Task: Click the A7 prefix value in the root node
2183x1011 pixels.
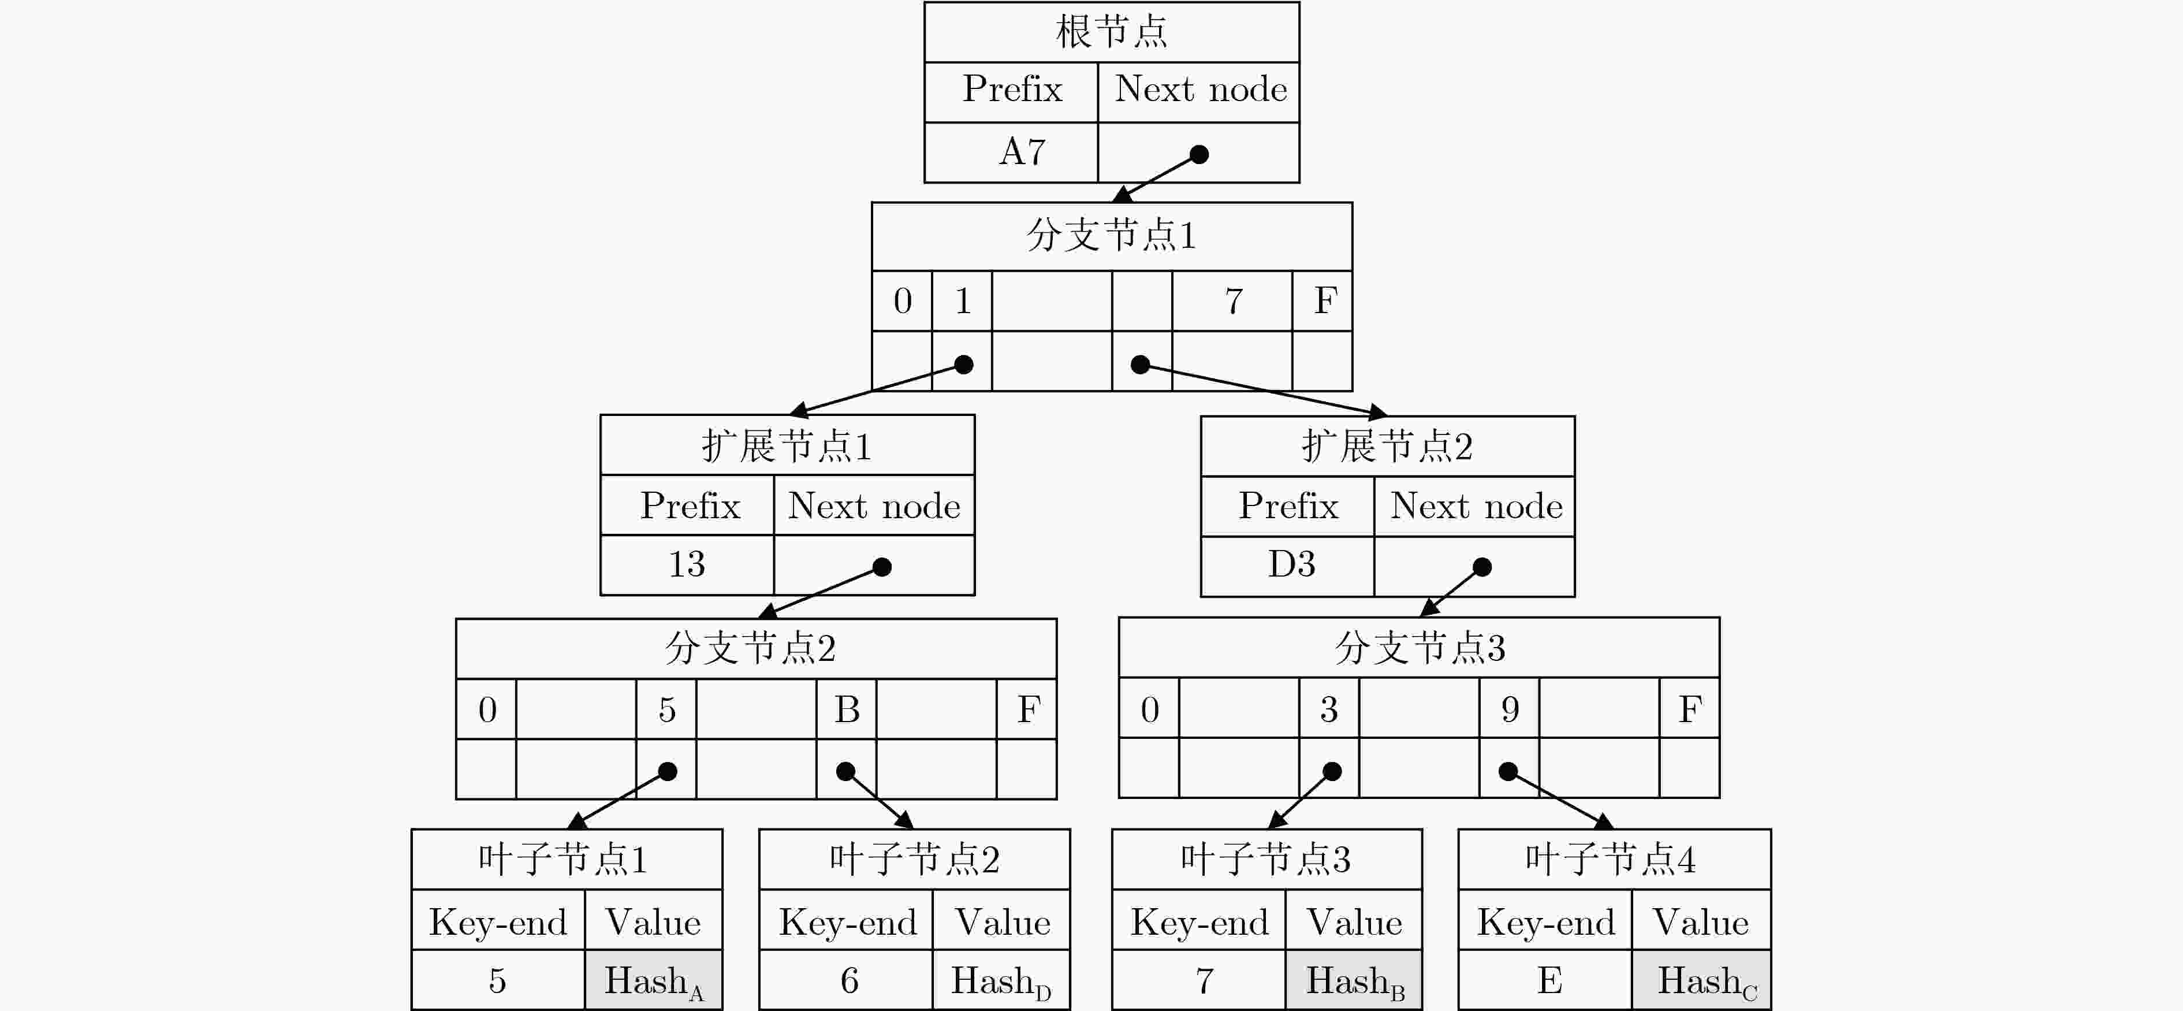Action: point(1022,152)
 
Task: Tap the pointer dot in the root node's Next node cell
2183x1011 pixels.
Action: point(1199,154)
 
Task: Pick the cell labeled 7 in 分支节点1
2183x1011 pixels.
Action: point(1232,301)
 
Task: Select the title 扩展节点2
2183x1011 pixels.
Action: point(1387,446)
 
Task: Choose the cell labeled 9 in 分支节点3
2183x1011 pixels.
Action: point(1509,708)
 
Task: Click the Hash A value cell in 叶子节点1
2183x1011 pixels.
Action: point(653,980)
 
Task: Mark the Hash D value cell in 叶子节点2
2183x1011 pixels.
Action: point(1001,980)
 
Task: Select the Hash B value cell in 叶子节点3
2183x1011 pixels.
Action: point(1353,980)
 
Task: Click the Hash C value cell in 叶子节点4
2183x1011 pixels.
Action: point(1701,980)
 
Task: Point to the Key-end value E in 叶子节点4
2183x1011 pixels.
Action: point(1549,980)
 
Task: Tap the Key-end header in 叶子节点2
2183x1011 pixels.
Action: point(847,922)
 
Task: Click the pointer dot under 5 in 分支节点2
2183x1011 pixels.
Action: point(668,771)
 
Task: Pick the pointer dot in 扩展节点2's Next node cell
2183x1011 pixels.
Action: point(1482,567)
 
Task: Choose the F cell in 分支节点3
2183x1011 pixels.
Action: point(1689,708)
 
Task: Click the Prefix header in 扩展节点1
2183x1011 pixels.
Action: point(690,506)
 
